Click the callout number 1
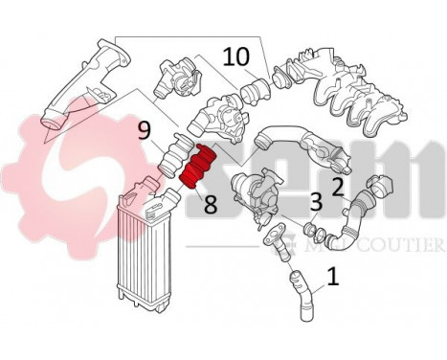tap(332, 278)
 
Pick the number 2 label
tap(337, 186)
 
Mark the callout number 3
tap(315, 202)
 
